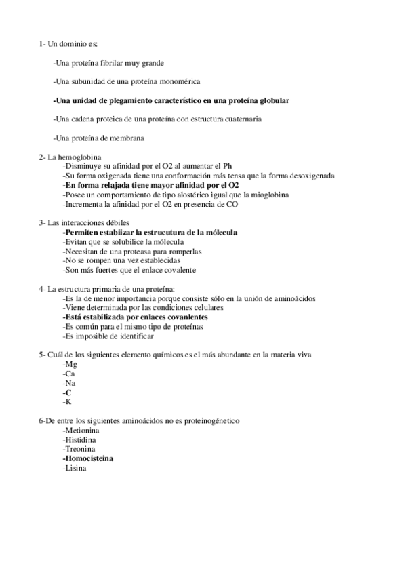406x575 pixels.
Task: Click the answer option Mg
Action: [69, 364]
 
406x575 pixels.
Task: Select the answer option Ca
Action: [68, 374]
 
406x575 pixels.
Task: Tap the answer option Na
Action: [68, 383]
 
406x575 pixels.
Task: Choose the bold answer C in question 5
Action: [67, 393]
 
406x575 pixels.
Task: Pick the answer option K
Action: [67, 402]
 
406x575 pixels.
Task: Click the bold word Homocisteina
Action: [89, 458]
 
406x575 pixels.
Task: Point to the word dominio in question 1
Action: [72, 44]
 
